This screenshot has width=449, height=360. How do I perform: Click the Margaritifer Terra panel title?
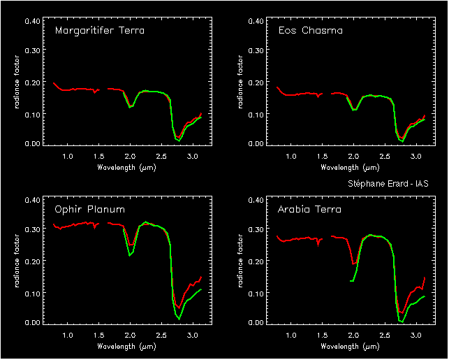pos(99,31)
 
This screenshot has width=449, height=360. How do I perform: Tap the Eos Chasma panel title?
pos(310,31)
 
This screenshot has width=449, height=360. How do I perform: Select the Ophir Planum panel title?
pos(89,210)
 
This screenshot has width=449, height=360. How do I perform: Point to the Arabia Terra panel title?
pos(309,210)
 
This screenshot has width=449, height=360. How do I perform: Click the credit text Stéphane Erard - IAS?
pos(388,183)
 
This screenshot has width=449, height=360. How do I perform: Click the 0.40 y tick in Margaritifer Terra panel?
pos(31,21)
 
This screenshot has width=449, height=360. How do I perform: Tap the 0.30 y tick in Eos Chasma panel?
pos(255,52)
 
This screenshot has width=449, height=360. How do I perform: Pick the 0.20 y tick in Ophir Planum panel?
pos(31,261)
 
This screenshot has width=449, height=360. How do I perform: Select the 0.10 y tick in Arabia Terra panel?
pos(255,292)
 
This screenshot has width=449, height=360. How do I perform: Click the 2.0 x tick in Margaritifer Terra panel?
pos(130,157)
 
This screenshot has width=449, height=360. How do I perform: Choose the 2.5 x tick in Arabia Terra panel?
pos(385,336)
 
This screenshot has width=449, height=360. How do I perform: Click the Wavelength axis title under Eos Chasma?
pos(350,168)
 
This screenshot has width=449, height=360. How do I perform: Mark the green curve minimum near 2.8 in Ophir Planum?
pos(179,319)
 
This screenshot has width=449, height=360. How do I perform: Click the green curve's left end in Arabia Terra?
pos(350,281)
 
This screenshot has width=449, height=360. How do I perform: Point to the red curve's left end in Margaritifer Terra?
pos(54,82)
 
